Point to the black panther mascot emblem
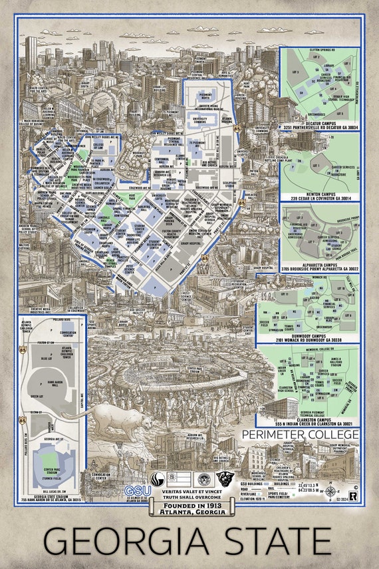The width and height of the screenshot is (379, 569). point(225,480)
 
